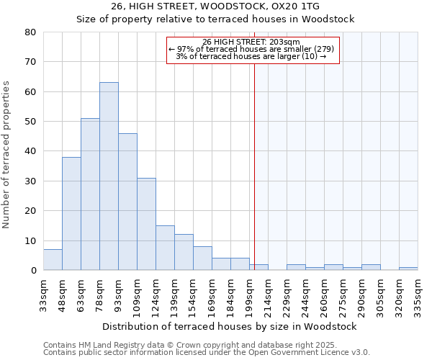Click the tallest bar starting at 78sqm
[x=109, y=176]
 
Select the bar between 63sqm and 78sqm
[x=90, y=194]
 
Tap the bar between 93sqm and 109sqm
[x=127, y=202]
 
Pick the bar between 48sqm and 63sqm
[x=71, y=214]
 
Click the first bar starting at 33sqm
[x=53, y=260]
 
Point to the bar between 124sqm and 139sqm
[x=165, y=248]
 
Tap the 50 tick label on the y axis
[x=30, y=122]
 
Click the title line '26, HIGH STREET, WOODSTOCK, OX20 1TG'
[x=215, y=6]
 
